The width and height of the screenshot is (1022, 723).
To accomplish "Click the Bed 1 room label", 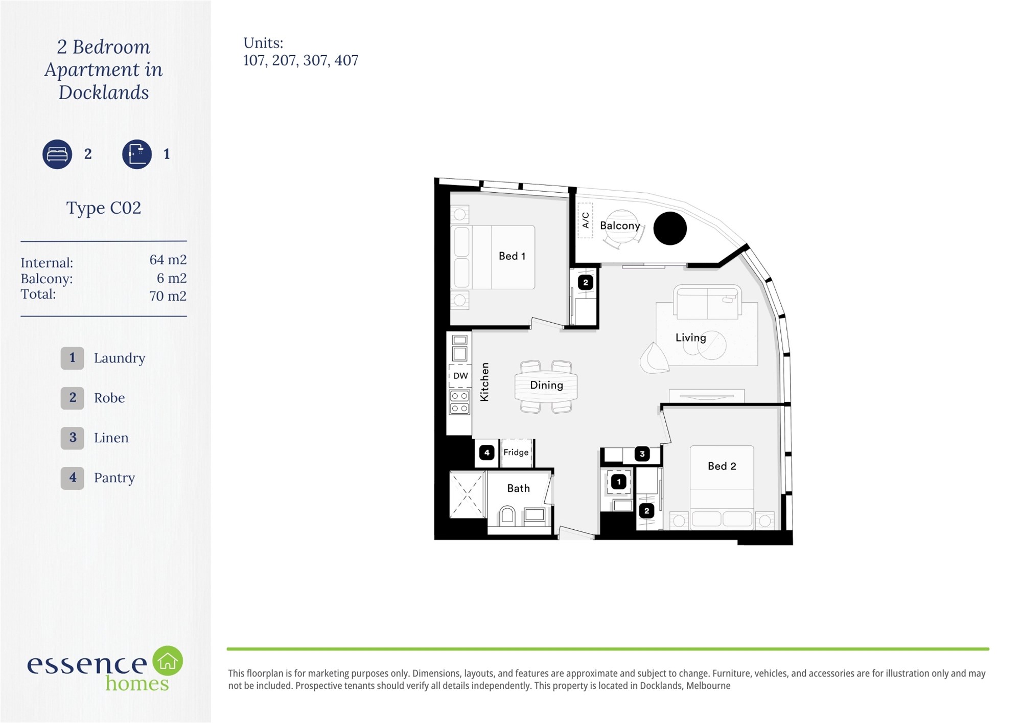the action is pyautogui.click(x=512, y=256).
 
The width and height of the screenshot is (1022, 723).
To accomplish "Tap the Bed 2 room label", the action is pyautogui.click(x=722, y=466).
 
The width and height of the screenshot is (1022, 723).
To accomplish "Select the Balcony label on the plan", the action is pyautogui.click(x=620, y=225).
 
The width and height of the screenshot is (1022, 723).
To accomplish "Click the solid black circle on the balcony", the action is pyautogui.click(x=670, y=228).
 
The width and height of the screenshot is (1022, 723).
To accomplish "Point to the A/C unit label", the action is pyautogui.click(x=585, y=220).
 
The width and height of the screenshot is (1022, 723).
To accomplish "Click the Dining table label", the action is pyautogui.click(x=546, y=385).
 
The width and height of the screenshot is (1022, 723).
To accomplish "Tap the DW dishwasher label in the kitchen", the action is pyautogui.click(x=460, y=376).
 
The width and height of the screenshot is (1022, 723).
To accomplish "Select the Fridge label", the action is pyautogui.click(x=516, y=452).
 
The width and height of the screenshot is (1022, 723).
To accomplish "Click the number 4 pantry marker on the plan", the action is pyautogui.click(x=486, y=453).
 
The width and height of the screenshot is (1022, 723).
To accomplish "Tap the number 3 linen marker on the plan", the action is pyautogui.click(x=642, y=454).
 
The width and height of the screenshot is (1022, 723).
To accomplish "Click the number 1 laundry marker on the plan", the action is pyautogui.click(x=619, y=482).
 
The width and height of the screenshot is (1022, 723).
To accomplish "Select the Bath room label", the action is pyautogui.click(x=518, y=488).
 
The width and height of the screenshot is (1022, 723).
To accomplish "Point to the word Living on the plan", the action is pyautogui.click(x=690, y=337).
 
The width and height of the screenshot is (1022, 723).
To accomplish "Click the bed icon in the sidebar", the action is pyautogui.click(x=57, y=154).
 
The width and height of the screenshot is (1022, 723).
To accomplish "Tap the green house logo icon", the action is pyautogui.click(x=168, y=661).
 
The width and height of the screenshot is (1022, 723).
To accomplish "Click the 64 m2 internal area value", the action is pyautogui.click(x=168, y=260).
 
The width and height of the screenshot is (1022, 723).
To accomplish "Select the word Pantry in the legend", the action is pyautogui.click(x=114, y=478).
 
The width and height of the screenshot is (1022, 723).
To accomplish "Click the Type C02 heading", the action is pyautogui.click(x=104, y=208).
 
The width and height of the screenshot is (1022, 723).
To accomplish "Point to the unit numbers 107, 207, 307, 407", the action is pyautogui.click(x=300, y=60).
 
